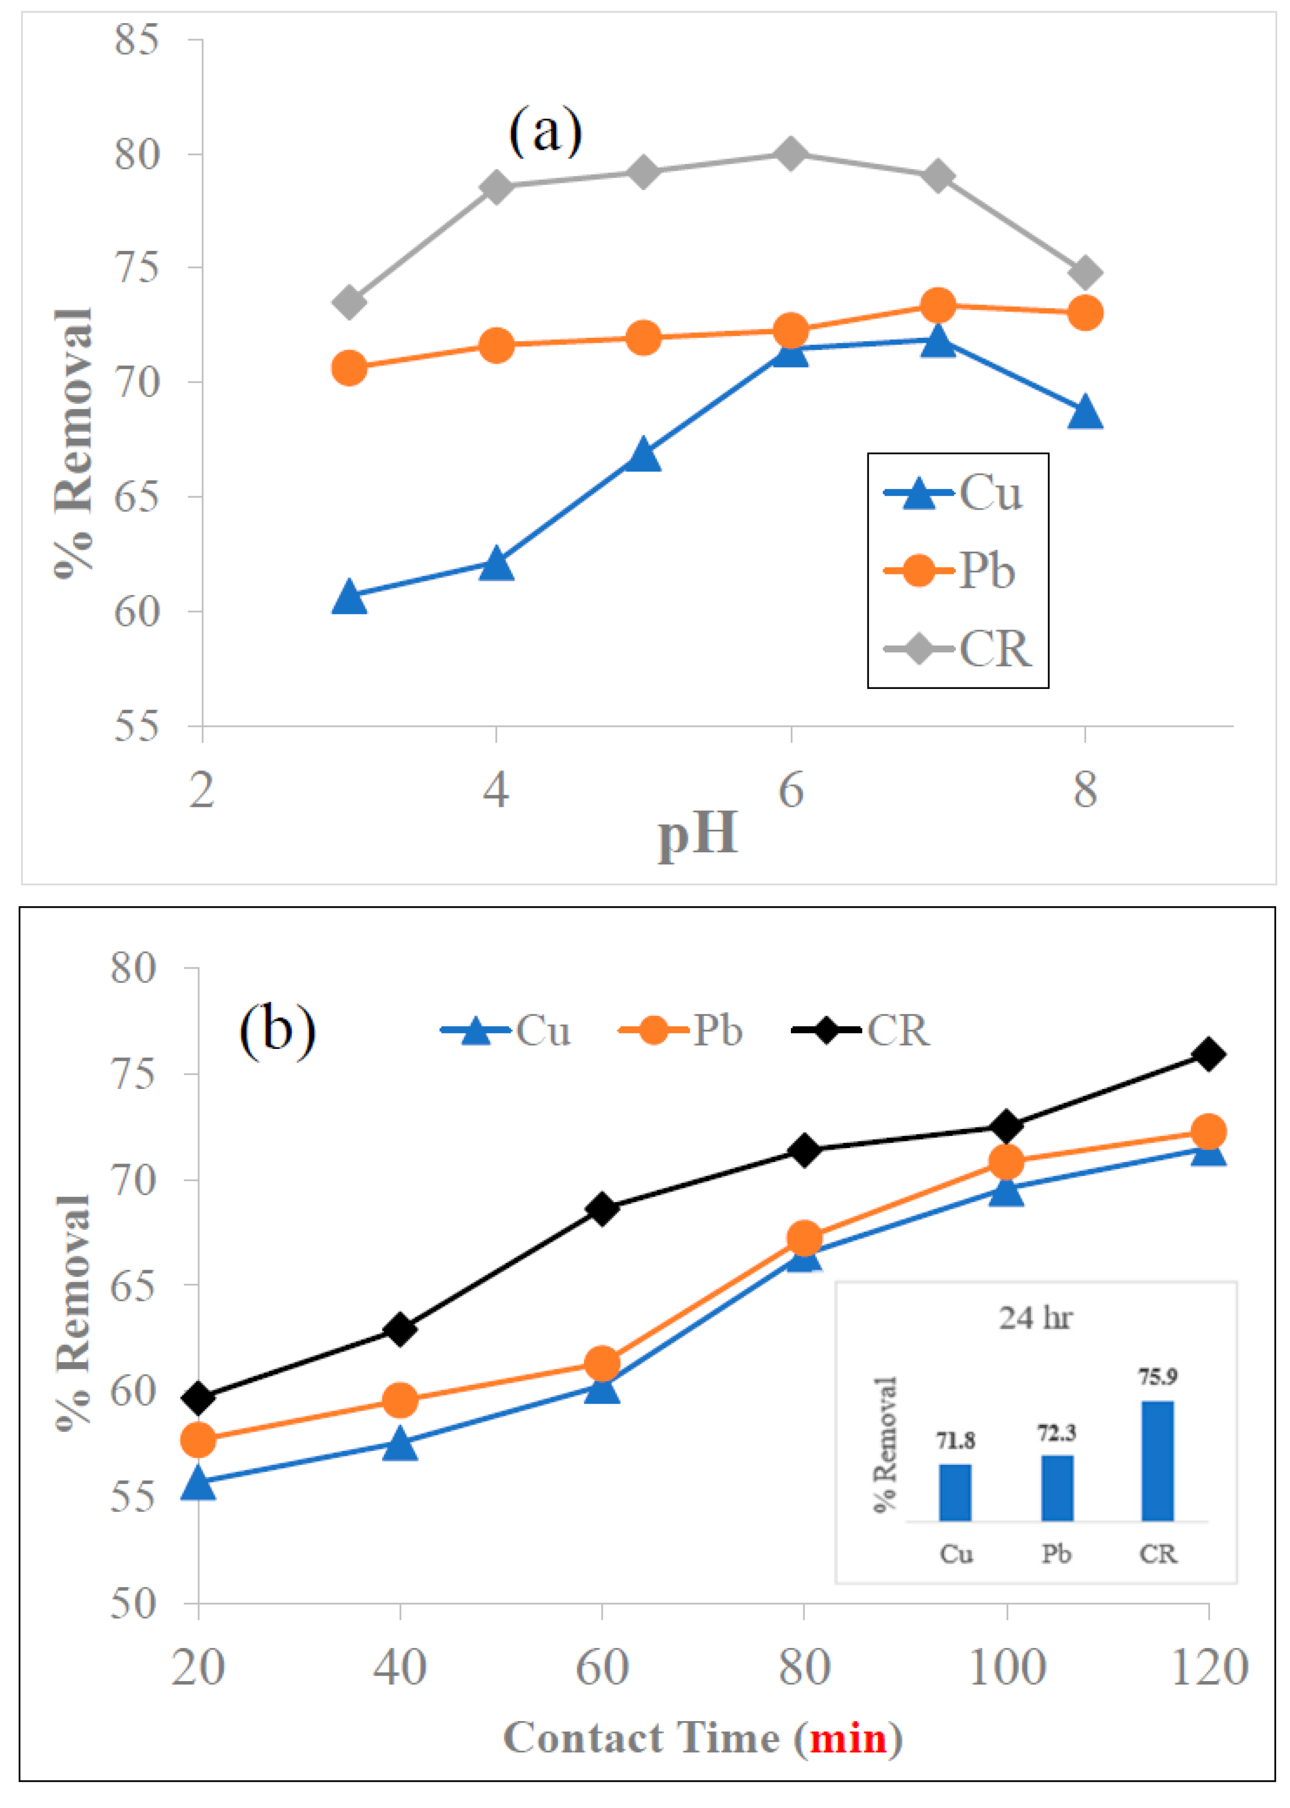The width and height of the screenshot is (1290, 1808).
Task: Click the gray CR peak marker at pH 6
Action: (x=790, y=153)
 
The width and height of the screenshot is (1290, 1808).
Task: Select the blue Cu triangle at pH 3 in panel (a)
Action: (x=349, y=597)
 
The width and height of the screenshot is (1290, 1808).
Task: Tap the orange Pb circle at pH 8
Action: (x=1085, y=312)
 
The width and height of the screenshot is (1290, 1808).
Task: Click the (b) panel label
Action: (x=277, y=1031)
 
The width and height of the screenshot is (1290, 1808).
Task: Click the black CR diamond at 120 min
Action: (x=1208, y=1054)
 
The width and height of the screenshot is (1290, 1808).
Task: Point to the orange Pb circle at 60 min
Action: (x=602, y=1364)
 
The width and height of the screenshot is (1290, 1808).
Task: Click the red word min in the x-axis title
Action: (x=848, y=1737)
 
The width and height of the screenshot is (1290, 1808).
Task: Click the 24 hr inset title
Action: (x=1035, y=1318)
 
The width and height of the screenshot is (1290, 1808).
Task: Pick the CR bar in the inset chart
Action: (x=1157, y=1460)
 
